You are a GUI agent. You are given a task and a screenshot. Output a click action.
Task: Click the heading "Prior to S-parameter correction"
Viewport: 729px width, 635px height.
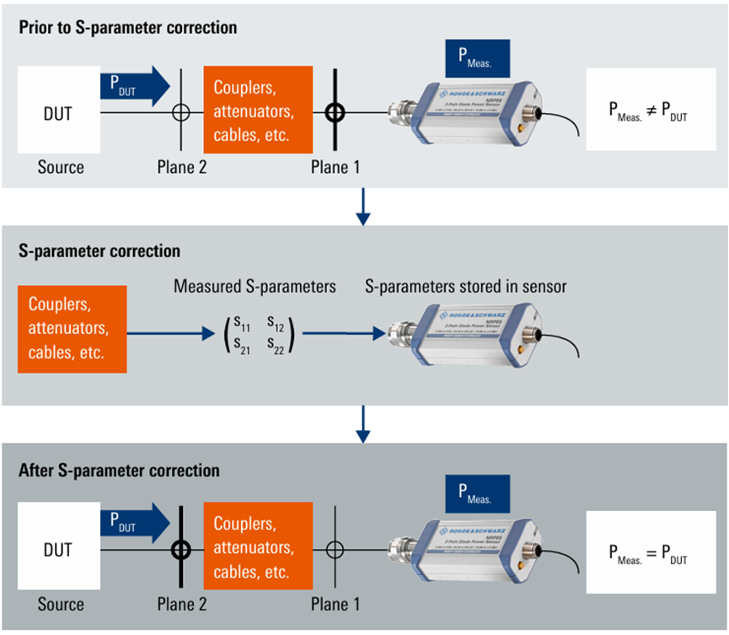point(127,28)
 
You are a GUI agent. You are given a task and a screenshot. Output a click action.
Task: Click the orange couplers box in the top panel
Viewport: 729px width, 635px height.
point(258,110)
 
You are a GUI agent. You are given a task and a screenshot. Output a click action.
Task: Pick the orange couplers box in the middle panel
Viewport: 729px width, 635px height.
point(72,329)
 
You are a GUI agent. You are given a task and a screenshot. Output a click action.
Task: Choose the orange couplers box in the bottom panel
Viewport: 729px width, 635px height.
point(258,548)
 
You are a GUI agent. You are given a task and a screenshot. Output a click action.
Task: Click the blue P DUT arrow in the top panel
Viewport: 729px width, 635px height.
point(134,86)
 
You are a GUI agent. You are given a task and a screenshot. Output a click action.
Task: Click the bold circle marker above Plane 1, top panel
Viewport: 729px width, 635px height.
point(335,111)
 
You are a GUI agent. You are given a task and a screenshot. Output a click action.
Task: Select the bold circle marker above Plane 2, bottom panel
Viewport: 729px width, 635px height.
point(181,550)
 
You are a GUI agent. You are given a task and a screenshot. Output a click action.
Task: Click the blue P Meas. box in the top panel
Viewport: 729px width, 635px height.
point(477,60)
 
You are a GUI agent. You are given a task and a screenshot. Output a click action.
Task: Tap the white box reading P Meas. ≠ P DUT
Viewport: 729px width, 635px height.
point(648,110)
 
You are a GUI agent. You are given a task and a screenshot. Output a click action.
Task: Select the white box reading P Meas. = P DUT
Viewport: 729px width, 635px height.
point(648,552)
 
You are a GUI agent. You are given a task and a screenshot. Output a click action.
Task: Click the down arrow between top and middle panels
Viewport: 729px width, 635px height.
point(363,208)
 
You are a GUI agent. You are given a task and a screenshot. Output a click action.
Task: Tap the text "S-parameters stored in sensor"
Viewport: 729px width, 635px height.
point(465,287)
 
